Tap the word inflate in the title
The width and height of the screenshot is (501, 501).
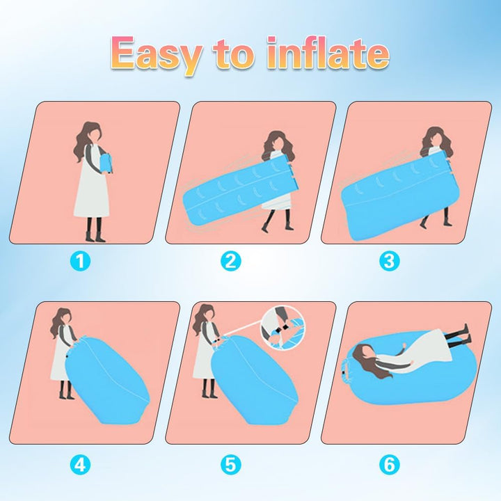(x=328, y=53)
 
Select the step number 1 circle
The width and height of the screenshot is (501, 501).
(x=80, y=261)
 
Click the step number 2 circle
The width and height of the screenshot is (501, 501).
(x=231, y=261)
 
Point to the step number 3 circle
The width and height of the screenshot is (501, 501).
(x=389, y=261)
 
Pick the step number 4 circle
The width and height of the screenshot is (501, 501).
(x=80, y=465)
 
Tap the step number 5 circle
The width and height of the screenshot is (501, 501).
(x=231, y=465)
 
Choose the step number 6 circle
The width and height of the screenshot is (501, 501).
(x=389, y=465)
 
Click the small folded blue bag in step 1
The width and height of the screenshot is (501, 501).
(x=106, y=163)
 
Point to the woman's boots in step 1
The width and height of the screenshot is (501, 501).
(x=95, y=230)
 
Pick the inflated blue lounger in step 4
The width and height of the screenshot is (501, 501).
(x=106, y=379)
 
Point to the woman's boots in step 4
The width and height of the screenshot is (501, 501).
(x=66, y=390)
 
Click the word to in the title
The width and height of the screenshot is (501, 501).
(x=234, y=54)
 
